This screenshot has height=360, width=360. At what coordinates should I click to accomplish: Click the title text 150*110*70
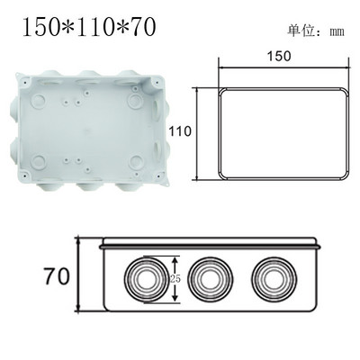pyautogui.click(x=86, y=29)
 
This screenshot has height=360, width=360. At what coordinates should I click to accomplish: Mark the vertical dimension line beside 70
pyautogui.click(x=79, y=274)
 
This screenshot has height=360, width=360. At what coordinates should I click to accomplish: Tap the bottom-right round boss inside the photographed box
pyautogui.click(x=136, y=164)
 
